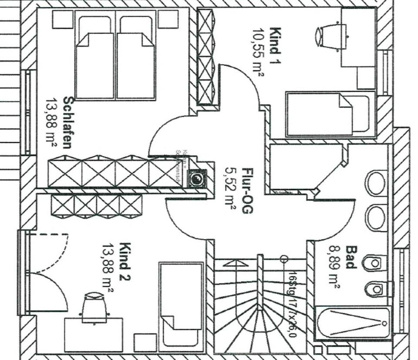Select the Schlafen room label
[x=68, y=122]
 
